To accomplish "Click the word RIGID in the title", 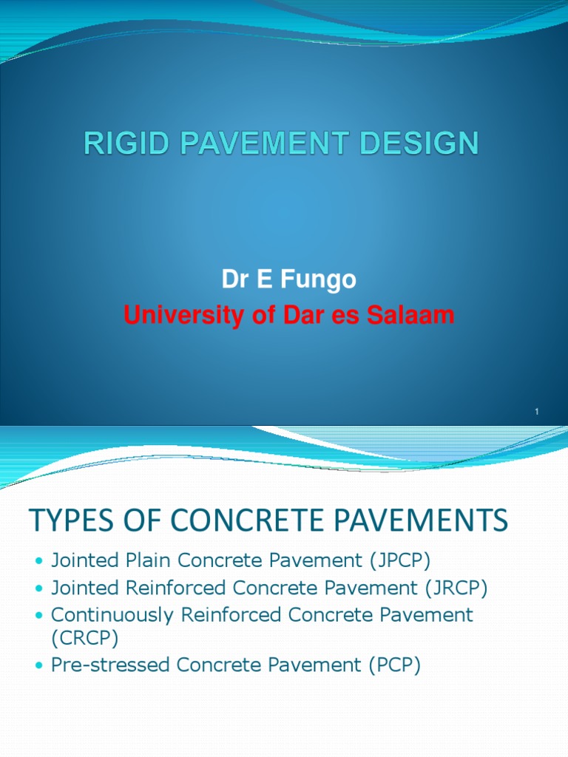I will click(x=118, y=143).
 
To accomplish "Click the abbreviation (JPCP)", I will click(x=388, y=561).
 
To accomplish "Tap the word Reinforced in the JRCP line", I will click(x=172, y=588).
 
